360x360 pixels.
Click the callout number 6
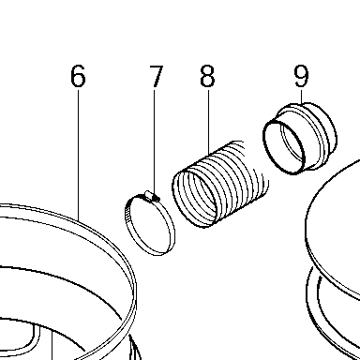tap(78, 76)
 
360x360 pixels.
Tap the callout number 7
tap(156, 76)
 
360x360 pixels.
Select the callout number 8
tap(207, 76)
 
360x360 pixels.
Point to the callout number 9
tap(301, 76)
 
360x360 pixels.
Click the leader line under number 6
tap(78, 156)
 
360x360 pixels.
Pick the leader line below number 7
tap(154, 142)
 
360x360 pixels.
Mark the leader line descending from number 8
tap(208, 122)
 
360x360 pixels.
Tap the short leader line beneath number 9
tap(302, 97)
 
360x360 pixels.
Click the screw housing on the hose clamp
tap(152, 196)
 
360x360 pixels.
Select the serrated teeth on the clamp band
tap(127, 216)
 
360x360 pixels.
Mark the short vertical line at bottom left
tap(52, 346)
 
